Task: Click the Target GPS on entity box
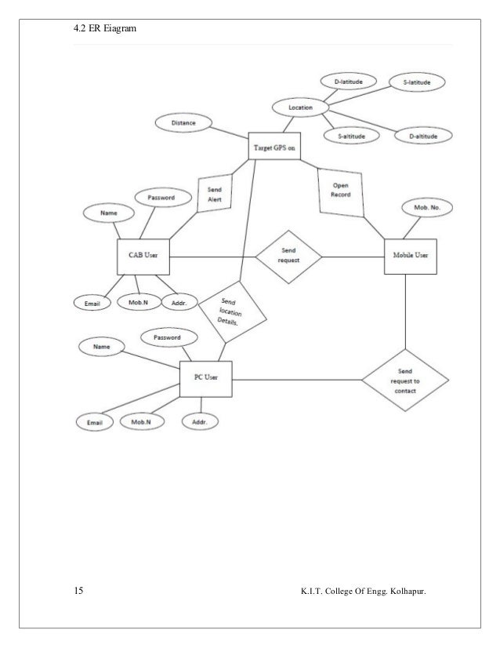[x=274, y=147]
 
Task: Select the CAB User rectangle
[x=143, y=257]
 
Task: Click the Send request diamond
[x=289, y=257]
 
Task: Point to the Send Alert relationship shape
[x=214, y=194]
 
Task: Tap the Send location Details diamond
[x=232, y=311]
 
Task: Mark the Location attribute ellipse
[x=301, y=107]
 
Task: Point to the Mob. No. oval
[x=426, y=208]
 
